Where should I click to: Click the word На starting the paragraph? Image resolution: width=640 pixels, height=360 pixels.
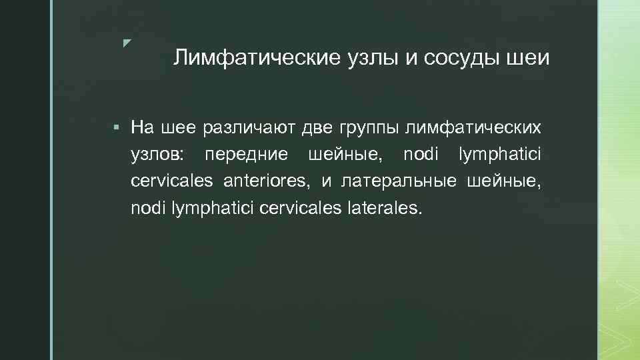pyautogui.click(x=141, y=127)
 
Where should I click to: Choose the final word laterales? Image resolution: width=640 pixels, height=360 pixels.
pyautogui.click(x=385, y=209)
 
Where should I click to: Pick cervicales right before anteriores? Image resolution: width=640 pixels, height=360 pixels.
pyautogui.click(x=173, y=182)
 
